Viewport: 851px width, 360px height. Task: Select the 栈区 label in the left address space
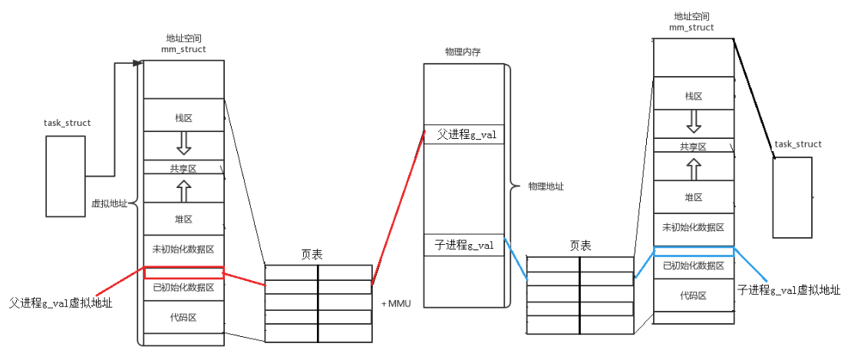(x=183, y=118)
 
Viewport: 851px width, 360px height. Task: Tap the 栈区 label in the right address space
(x=694, y=96)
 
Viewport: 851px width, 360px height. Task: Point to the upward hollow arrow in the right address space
(x=694, y=169)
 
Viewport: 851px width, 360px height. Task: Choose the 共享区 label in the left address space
(x=183, y=167)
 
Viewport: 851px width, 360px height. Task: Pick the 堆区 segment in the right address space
(x=694, y=197)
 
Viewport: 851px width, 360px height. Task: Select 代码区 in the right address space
(x=694, y=296)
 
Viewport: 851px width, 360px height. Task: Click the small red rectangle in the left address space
(x=183, y=272)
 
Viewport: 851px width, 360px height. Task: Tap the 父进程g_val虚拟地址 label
(x=61, y=303)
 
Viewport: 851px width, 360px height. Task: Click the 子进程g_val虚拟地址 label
(x=788, y=290)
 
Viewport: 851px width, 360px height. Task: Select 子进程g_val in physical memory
(x=463, y=245)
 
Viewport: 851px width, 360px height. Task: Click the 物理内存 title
(x=463, y=51)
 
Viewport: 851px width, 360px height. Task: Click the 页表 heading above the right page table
(x=580, y=246)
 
